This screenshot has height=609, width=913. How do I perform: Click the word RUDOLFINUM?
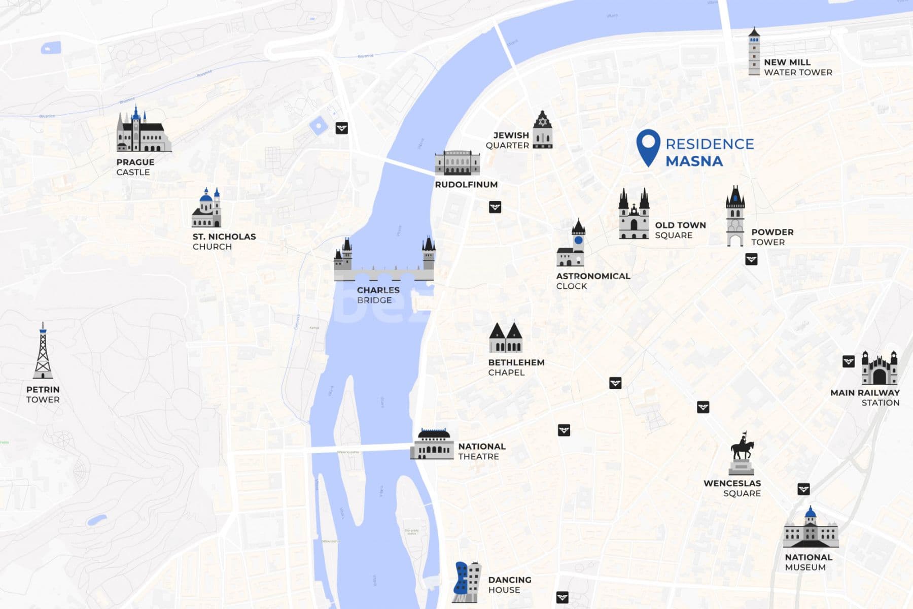tap(466, 185)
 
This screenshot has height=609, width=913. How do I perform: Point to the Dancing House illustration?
tap(466, 582)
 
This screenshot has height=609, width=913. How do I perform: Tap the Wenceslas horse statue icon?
tap(742, 453)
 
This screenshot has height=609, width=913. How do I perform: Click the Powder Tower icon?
tap(735, 217)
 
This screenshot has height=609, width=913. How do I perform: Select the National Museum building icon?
tap(810, 529)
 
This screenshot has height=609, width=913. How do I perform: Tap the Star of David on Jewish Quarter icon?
tap(542, 122)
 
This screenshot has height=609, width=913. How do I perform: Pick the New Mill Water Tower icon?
tap(754, 52)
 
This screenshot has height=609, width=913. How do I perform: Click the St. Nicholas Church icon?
tap(206, 209)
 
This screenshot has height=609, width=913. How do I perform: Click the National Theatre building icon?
tap(432, 445)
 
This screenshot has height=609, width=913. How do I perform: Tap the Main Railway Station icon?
tap(879, 369)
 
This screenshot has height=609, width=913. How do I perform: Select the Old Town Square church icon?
tap(634, 215)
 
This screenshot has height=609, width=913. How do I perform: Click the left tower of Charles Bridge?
tap(343, 255)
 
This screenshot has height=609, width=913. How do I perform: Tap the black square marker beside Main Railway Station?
tap(849, 361)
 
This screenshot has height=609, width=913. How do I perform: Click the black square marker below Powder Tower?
tap(751, 259)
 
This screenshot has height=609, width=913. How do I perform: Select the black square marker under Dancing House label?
tap(562, 597)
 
